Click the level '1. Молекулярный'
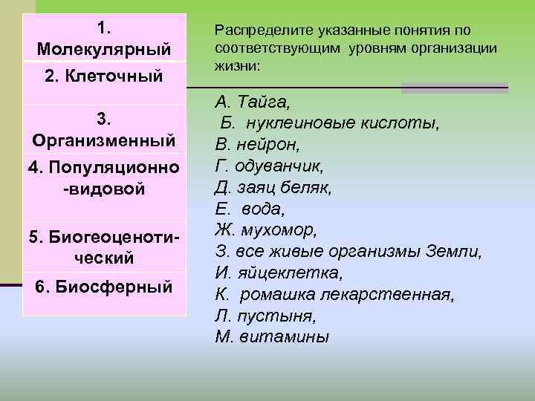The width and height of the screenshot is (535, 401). (x=103, y=39)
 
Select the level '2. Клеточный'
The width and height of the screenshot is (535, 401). (x=103, y=77)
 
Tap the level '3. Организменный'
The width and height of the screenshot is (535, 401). (x=103, y=129)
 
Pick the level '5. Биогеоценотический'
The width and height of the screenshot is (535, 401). (x=103, y=247)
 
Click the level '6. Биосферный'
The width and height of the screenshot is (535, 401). (x=103, y=287)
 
